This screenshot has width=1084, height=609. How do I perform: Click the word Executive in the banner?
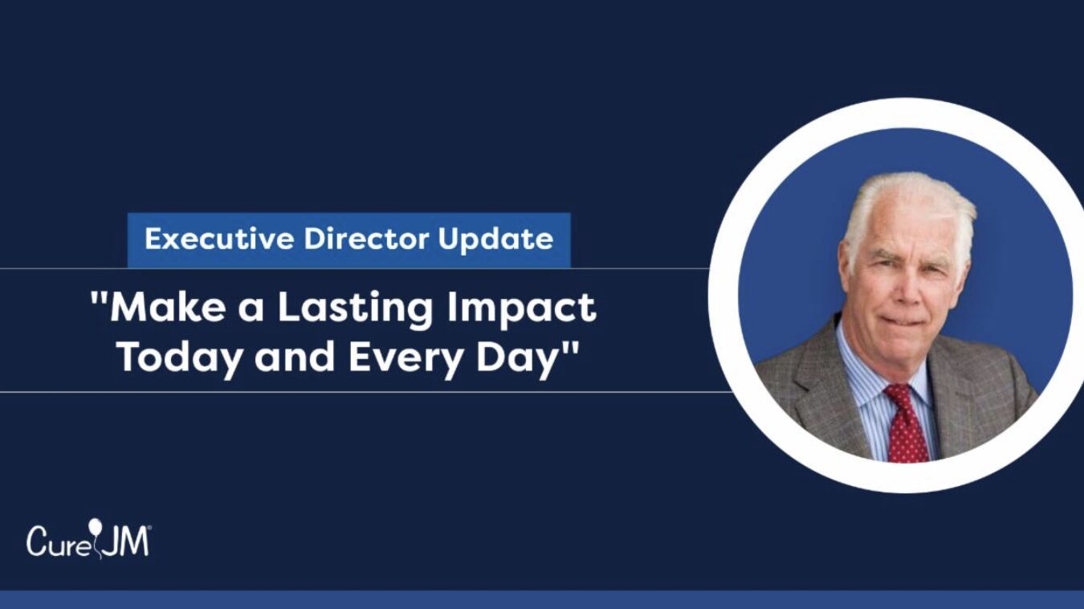[218, 239]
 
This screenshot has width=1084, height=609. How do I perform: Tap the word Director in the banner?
[366, 239]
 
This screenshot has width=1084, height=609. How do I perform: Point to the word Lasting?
[354, 310]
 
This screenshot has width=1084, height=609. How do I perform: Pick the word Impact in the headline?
[521, 310]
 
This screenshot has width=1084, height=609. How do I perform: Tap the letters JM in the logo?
[126, 542]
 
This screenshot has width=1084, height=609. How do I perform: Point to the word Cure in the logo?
[58, 542]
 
